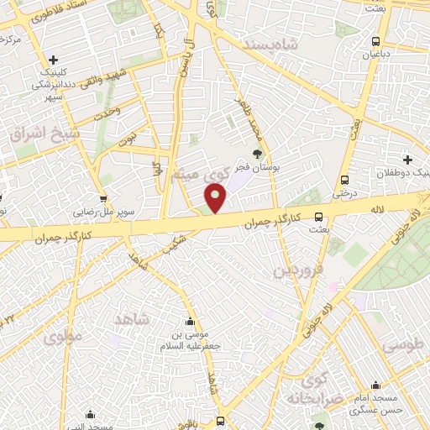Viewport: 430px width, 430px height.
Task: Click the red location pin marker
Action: click(x=217, y=199)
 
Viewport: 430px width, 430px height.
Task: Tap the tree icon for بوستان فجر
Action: click(x=257, y=153)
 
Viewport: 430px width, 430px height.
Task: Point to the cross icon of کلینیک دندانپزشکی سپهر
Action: click(x=53, y=59)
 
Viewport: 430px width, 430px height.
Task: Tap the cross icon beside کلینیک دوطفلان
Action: click(x=407, y=159)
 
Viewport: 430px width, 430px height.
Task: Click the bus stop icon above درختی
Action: click(x=344, y=180)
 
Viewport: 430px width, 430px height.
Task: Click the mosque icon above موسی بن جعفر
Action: click(x=190, y=321)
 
